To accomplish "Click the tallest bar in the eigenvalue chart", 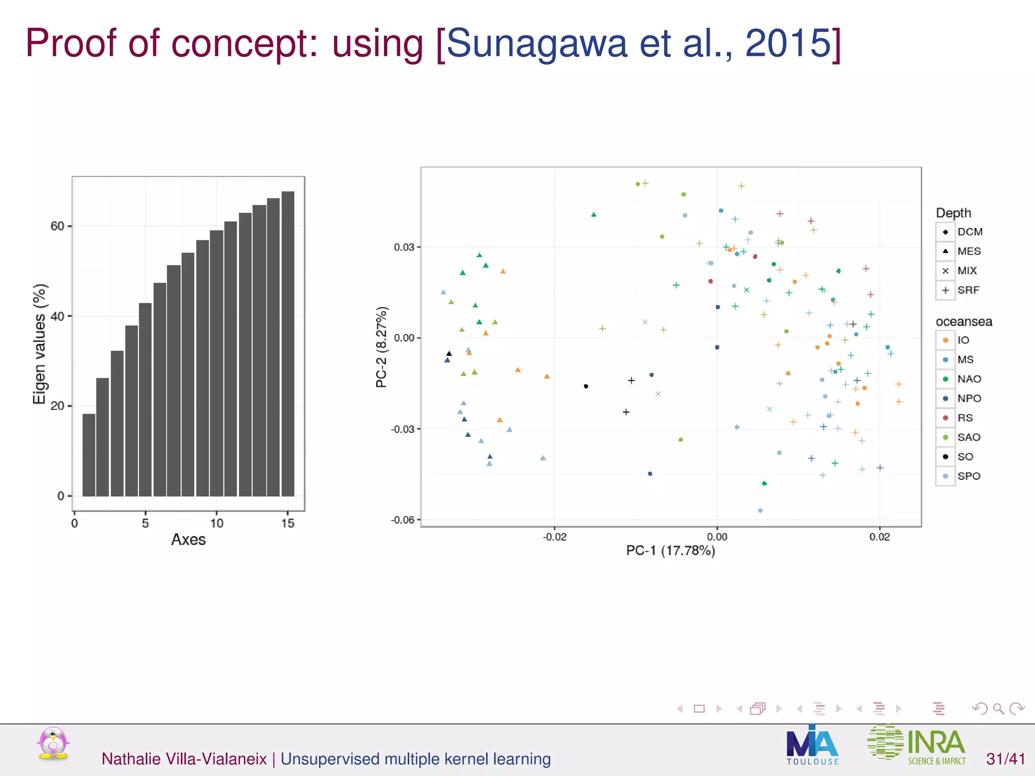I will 288,344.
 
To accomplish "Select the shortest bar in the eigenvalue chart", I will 88,455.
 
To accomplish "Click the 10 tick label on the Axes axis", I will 217,523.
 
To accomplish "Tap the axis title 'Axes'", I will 189,540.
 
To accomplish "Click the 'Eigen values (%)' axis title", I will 39,344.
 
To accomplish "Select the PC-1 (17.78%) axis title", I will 670,550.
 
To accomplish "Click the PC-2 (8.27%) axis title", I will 382,347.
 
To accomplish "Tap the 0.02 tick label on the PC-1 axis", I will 879,537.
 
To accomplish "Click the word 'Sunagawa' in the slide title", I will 536,43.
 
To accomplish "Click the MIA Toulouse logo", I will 812,745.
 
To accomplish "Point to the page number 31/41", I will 1005,759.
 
